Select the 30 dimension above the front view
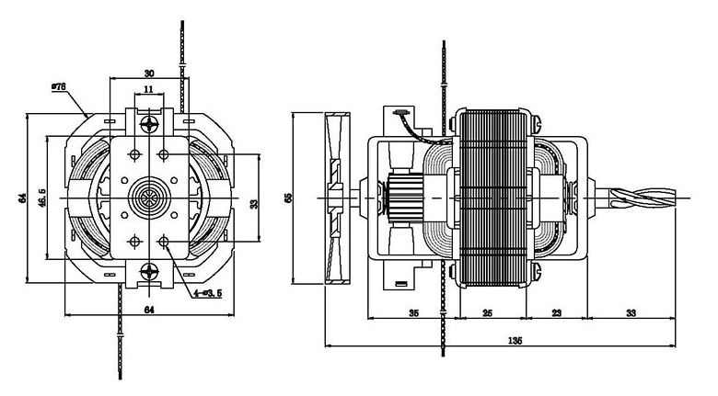point(148,73)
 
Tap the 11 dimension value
point(148,91)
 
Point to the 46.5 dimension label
point(41,198)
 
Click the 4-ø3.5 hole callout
point(207,294)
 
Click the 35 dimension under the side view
point(413,313)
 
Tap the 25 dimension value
point(487,313)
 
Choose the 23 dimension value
point(556,313)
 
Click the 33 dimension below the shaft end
point(631,313)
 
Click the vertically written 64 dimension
point(20,198)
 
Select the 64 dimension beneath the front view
point(148,311)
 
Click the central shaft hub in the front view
point(148,198)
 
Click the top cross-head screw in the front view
point(148,122)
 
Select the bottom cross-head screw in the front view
point(148,273)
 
